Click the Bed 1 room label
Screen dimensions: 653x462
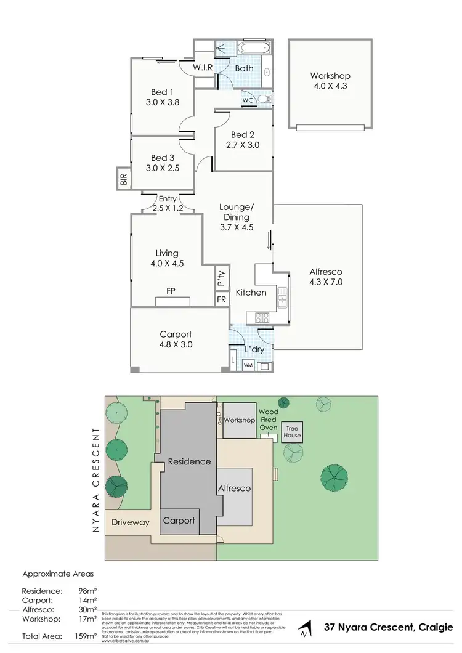coord(162,93)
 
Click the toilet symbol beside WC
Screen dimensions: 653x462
coord(264,99)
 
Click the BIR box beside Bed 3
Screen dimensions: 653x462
coord(123,179)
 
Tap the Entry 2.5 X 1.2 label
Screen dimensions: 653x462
coord(168,204)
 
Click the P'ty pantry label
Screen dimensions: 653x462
coord(221,279)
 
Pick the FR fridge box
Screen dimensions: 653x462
coord(221,300)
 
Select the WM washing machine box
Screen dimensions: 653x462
coord(248,365)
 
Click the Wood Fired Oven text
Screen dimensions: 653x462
coord(268,419)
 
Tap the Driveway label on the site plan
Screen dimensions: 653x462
coord(131,522)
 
